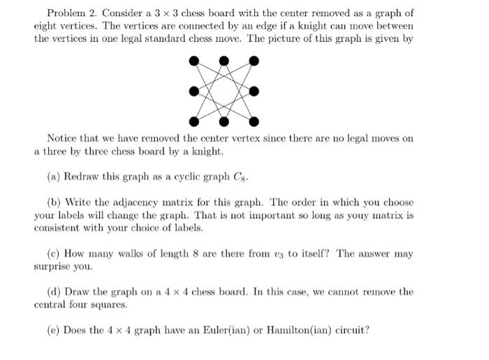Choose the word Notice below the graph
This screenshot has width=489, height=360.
pyautogui.click(x=64, y=138)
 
